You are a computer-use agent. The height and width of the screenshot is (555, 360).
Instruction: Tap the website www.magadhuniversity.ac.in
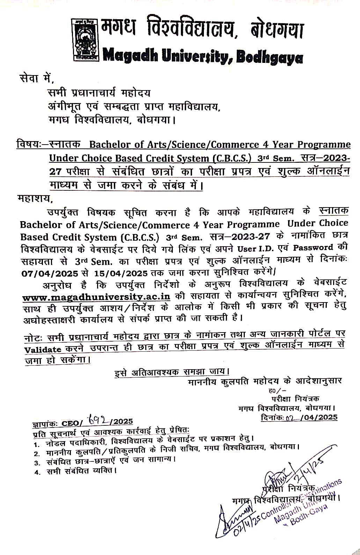(96, 297)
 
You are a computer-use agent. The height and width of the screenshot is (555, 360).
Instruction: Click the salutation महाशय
(34, 199)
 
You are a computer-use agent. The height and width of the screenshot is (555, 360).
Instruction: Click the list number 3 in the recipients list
(36, 463)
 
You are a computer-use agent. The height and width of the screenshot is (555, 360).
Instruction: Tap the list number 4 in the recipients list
(36, 472)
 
